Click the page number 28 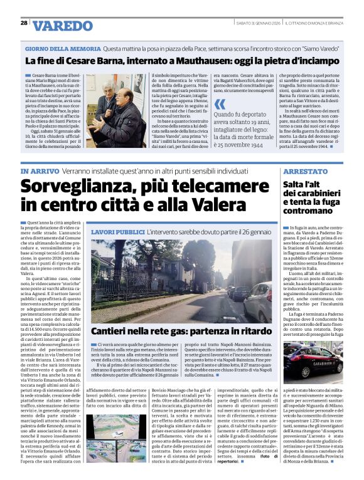coord(24,23)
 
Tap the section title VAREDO coord(63,26)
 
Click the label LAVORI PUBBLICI coord(117,232)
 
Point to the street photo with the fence coord(181,281)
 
